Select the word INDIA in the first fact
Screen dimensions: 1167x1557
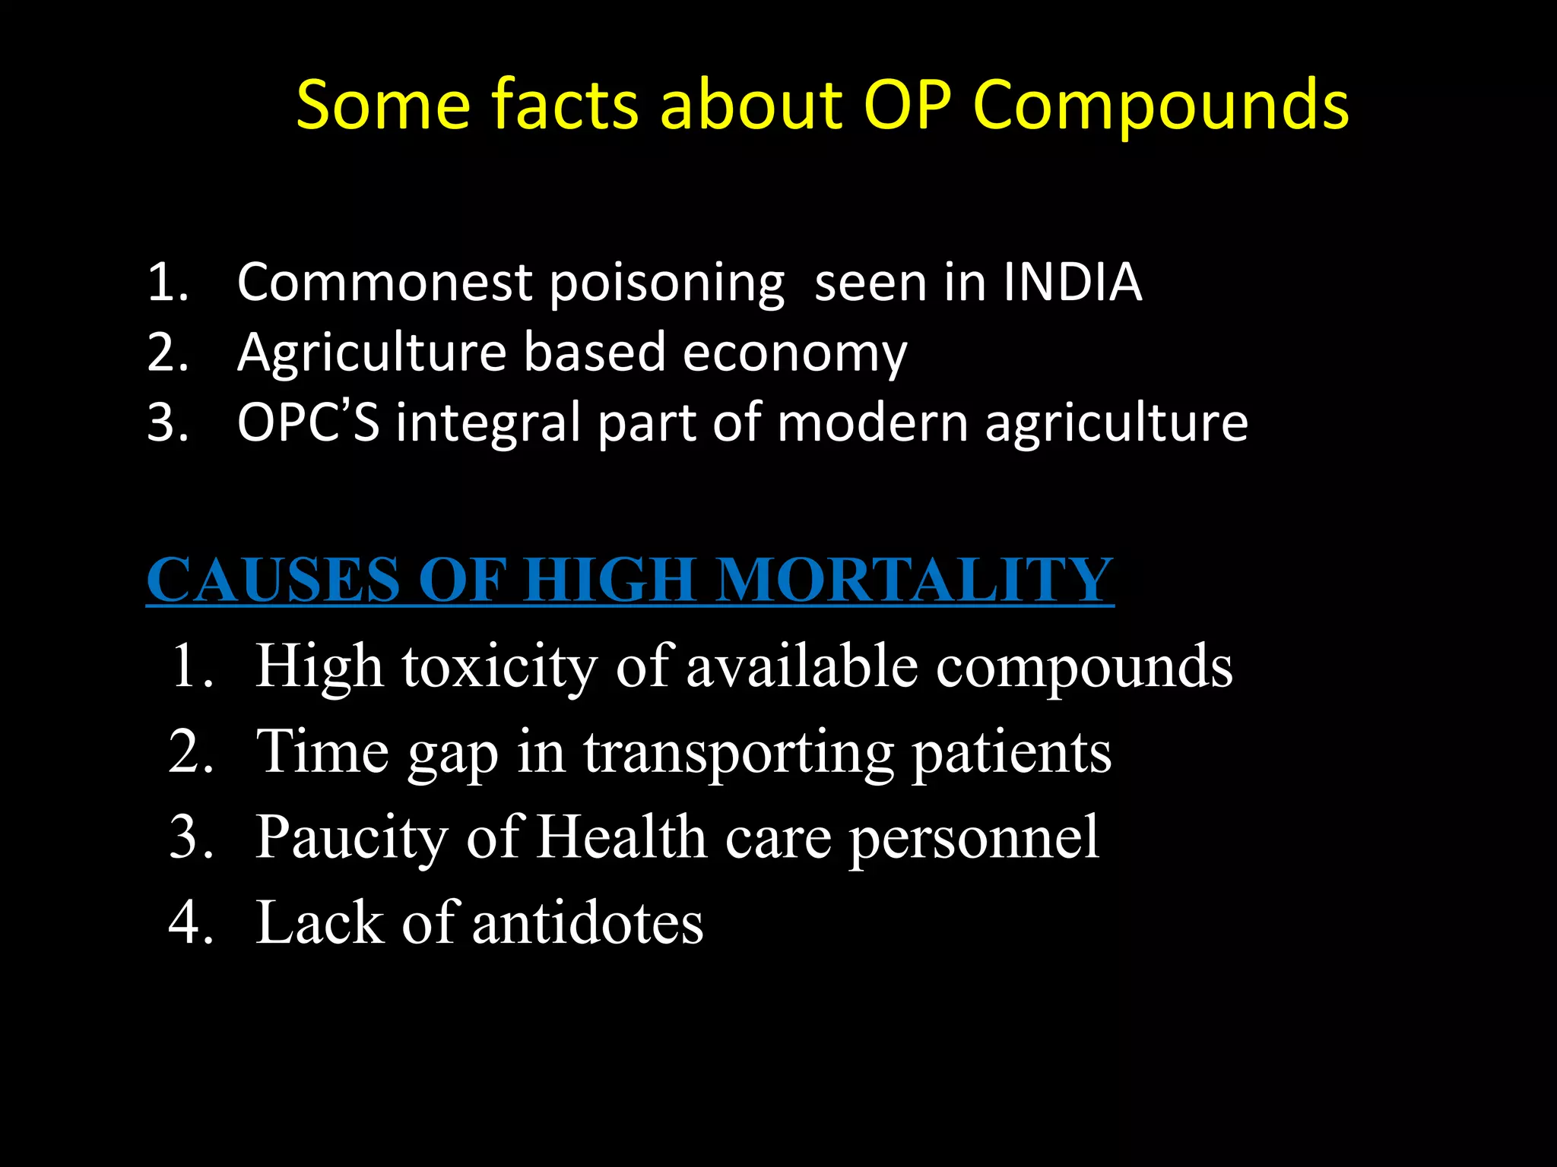(1072, 282)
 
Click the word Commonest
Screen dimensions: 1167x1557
(385, 282)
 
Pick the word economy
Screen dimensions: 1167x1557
(794, 354)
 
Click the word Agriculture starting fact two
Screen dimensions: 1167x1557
(372, 353)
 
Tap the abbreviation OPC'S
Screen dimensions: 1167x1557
(308, 422)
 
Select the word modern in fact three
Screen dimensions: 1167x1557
(872, 422)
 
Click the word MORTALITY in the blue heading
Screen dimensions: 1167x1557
(915, 580)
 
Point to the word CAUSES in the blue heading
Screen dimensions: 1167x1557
(273, 580)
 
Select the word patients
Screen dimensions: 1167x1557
(1011, 752)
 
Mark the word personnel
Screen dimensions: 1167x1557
(974, 838)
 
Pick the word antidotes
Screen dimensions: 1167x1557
(588, 923)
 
